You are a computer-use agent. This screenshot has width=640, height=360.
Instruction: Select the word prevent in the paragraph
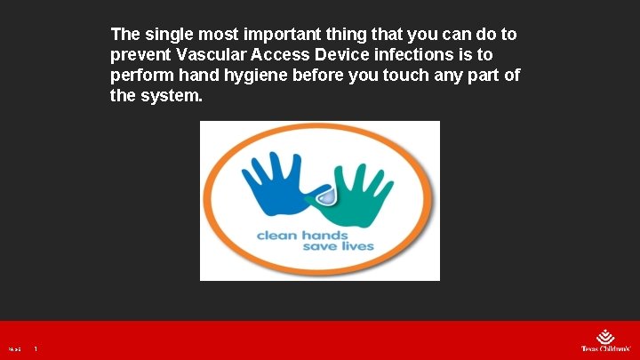pos(140,55)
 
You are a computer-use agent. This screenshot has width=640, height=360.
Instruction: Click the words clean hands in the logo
pos(302,236)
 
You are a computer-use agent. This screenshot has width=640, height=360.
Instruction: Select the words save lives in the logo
pos(338,247)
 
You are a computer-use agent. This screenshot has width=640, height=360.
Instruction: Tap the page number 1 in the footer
pos(36,349)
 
